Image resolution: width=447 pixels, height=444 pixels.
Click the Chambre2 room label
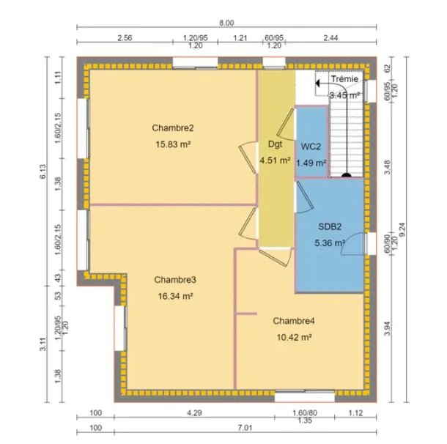coord(173,128)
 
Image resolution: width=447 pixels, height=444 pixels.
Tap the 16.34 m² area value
coord(175,297)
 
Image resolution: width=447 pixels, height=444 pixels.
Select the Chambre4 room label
coord(294,321)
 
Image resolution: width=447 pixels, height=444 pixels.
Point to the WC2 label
coord(311,147)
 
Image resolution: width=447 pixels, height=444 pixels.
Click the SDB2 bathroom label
coord(330,226)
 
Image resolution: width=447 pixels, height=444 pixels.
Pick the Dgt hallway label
coord(275,144)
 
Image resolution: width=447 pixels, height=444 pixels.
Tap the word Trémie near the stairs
coord(344,78)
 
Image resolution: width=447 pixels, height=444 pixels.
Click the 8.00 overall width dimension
coord(226,23)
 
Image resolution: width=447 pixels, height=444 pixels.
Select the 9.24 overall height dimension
coord(402,229)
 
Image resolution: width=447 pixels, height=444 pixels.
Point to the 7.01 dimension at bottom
coord(245,428)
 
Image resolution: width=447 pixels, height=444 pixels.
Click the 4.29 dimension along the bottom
coord(194,412)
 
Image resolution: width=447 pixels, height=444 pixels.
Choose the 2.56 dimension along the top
coord(125,38)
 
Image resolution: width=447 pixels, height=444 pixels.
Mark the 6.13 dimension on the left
coord(43,171)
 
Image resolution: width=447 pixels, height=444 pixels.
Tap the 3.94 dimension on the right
coord(387,328)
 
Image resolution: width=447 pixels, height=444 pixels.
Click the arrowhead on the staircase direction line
coord(318,84)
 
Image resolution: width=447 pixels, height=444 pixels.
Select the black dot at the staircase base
coord(347,175)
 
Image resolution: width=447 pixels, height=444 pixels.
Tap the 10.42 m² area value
coord(294,338)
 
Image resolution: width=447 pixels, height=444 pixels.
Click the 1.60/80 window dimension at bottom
coord(305,412)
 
